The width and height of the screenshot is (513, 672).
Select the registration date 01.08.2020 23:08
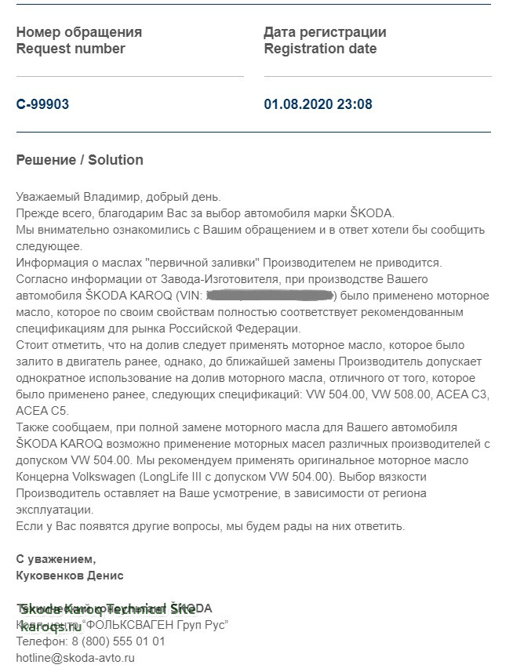[x=318, y=104]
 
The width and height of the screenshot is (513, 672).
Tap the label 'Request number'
[x=71, y=49]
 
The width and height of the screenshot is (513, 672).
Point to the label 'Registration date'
[x=320, y=49]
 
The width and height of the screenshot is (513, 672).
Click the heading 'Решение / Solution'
[x=79, y=160]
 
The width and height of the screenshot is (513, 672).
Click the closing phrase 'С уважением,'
[x=56, y=559]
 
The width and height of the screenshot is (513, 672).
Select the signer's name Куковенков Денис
[x=70, y=576]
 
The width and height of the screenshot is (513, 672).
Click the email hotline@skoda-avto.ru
[x=75, y=659]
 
